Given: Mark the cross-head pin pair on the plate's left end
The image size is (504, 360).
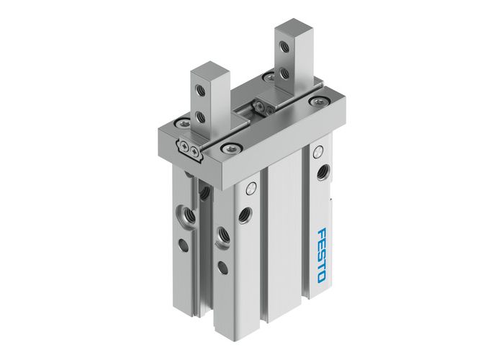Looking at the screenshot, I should point(191,150).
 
